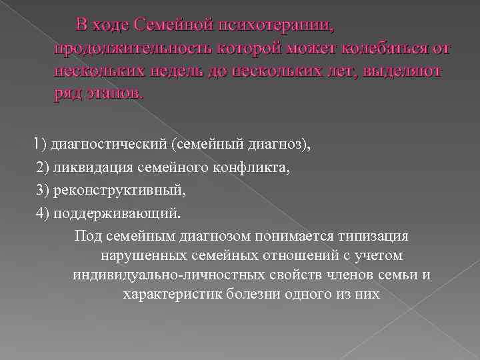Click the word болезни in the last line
(247, 294)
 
